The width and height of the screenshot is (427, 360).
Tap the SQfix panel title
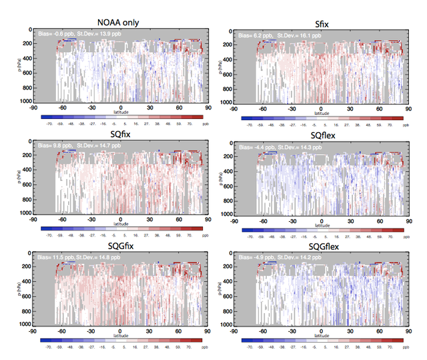(x=119, y=138)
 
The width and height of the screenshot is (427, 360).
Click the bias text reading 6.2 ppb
(x=258, y=33)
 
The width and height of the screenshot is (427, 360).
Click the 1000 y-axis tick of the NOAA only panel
(x=25, y=101)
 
